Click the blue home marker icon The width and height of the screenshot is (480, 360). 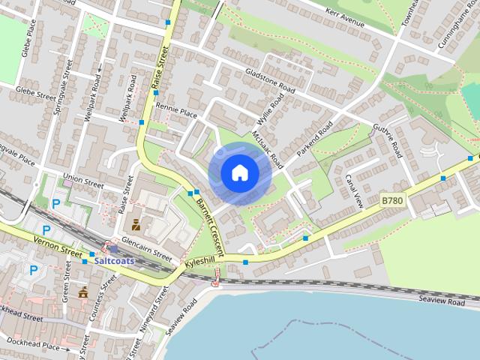(x=240, y=173)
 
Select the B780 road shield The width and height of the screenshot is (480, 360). (x=392, y=201)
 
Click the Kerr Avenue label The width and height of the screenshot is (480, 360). (x=346, y=19)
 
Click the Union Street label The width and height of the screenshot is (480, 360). (x=82, y=180)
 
